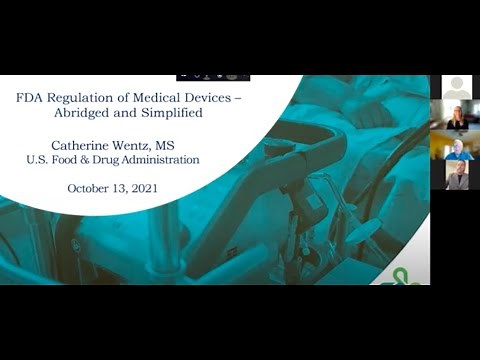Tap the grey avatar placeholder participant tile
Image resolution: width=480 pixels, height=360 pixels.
point(457,87)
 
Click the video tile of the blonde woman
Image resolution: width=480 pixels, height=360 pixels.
point(457,116)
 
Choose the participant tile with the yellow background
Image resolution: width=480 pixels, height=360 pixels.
point(457,146)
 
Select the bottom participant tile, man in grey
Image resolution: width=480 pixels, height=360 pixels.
point(457,175)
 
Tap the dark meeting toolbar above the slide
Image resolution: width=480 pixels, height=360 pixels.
point(212,76)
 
